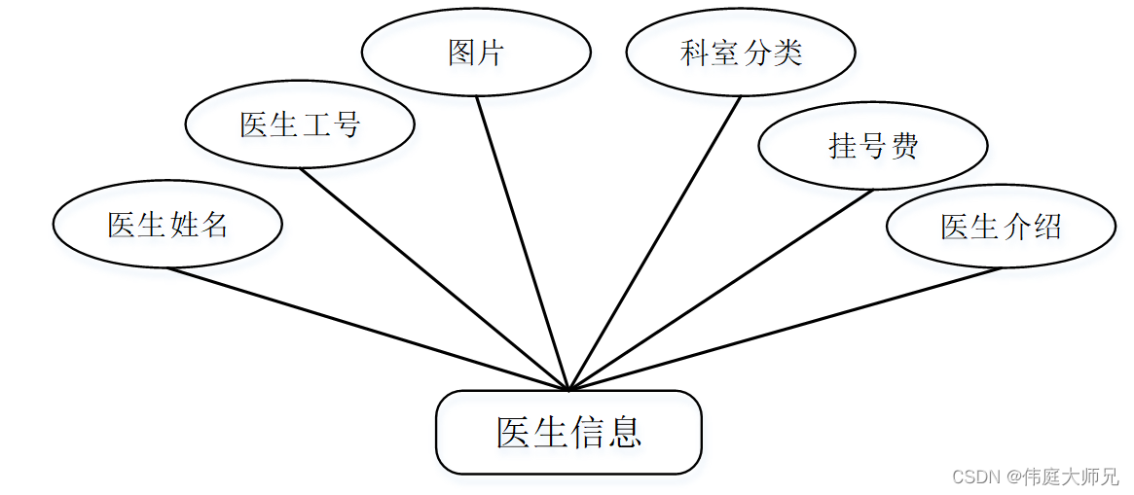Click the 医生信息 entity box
point(568,433)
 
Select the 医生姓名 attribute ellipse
point(167,225)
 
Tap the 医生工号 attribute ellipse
point(300,124)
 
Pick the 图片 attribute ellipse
point(476,53)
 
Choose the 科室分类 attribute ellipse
point(741,53)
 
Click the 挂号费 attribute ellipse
point(873,146)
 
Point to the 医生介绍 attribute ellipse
point(1001,226)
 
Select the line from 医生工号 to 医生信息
point(434,279)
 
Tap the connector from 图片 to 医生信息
point(523,243)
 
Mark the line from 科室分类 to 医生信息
point(654,243)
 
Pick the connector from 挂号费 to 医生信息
point(720,290)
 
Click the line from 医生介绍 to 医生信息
point(785,329)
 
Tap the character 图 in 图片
point(461,53)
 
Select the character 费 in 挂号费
point(904,146)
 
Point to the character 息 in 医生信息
point(624,433)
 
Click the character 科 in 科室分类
point(695,53)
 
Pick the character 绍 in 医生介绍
point(1046,226)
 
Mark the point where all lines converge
point(568,388)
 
